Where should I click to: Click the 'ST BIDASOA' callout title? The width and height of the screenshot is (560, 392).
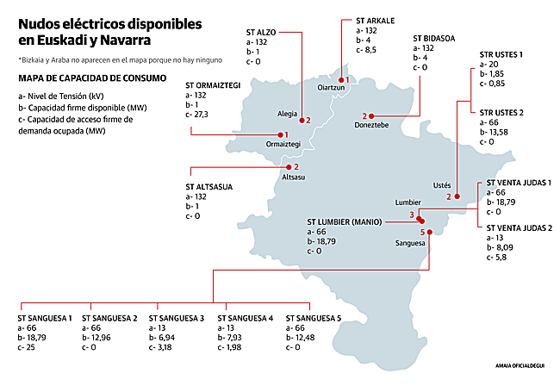(x=440, y=39)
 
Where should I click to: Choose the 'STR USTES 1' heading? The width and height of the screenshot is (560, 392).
(x=501, y=54)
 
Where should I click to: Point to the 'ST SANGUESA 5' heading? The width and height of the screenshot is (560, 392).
(x=314, y=318)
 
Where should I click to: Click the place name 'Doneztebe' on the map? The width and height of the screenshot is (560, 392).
(x=371, y=126)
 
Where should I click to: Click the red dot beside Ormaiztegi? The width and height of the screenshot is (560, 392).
(x=279, y=134)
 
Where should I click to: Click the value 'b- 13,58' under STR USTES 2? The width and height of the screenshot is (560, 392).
(x=497, y=133)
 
